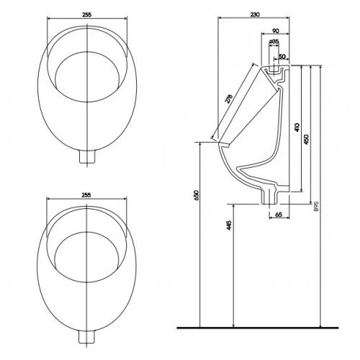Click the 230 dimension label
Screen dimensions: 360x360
coord(255,14)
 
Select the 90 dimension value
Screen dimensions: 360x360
coord(276,31)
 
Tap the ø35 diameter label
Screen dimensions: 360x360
coord(274,41)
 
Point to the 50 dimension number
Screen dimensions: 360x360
coord(282,57)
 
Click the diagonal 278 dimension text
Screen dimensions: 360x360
coord(229,99)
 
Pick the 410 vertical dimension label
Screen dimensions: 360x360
coord(297,127)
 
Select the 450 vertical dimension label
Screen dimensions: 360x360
coord(306,140)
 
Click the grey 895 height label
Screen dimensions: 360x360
coord(316,207)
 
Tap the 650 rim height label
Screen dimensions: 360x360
coord(197,195)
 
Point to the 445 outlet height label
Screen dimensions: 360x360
coord(229,225)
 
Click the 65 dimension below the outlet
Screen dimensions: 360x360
coord(279,215)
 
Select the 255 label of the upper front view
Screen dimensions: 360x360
coord(87,14)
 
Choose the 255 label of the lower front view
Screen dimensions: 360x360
coord(86,195)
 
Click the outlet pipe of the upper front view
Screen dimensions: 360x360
coord(87,156)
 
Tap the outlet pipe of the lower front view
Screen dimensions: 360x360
coord(87,336)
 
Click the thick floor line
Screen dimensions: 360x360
coord(258,328)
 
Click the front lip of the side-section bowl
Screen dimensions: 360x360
coord(224,145)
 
